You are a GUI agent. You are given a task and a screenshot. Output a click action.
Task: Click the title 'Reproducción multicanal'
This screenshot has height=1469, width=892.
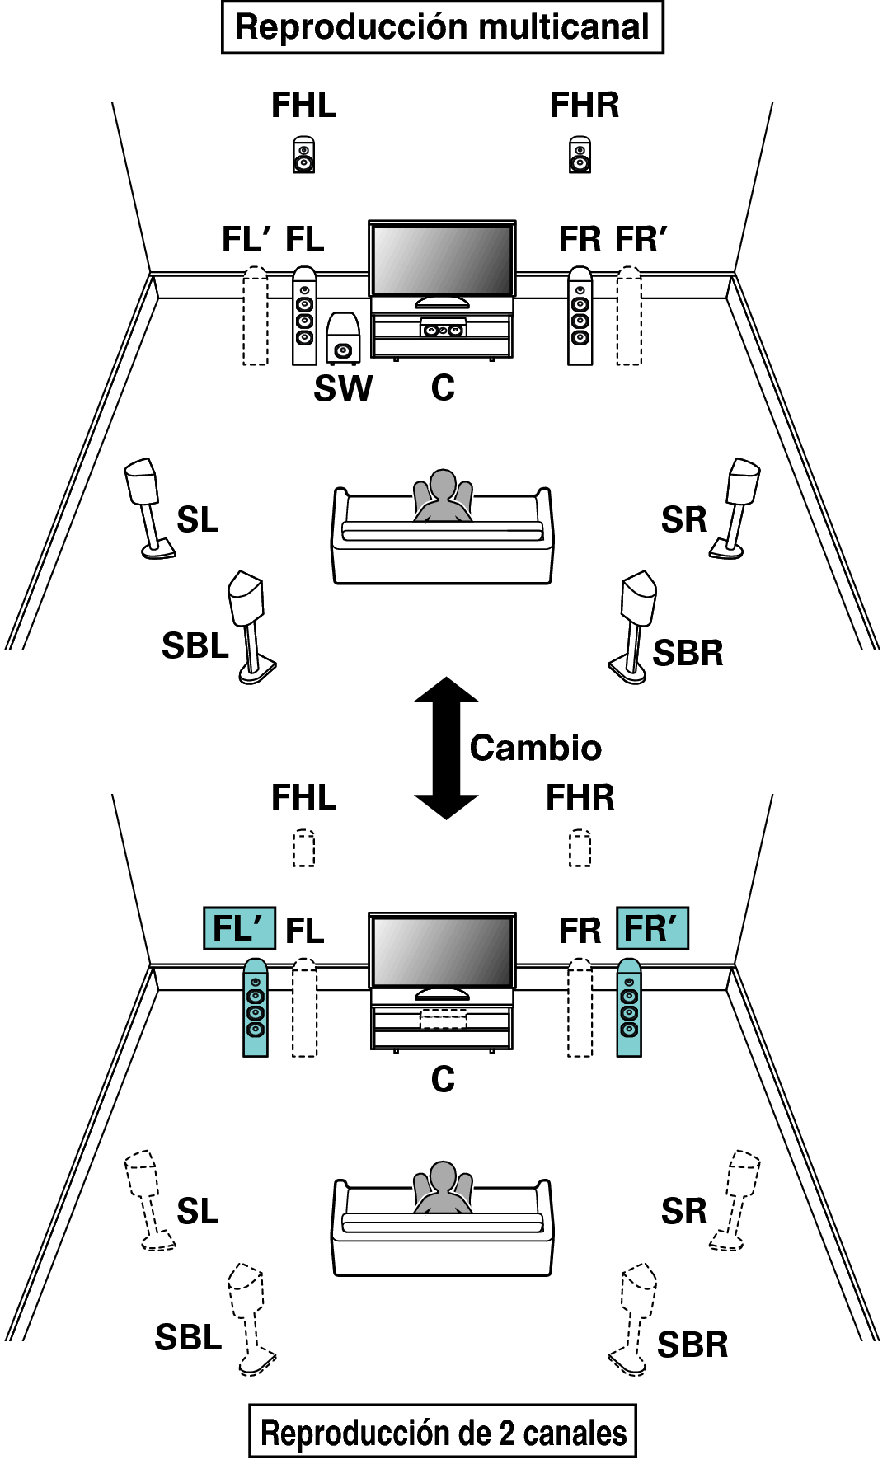point(443,27)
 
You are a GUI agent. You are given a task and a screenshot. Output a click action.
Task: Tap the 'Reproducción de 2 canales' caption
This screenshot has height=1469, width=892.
point(443,1433)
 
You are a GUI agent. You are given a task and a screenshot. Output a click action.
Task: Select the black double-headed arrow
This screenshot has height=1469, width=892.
point(446,748)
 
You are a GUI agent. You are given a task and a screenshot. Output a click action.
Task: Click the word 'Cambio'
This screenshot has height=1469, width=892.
point(536,749)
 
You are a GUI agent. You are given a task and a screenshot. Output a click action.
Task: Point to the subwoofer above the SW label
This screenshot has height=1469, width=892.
point(343,338)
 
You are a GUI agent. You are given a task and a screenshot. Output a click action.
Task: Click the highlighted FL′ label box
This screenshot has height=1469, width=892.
point(239,928)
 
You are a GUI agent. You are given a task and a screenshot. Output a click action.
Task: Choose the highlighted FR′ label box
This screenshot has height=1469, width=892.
point(652,928)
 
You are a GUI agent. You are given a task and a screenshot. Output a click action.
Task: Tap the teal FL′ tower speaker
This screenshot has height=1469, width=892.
point(256,1007)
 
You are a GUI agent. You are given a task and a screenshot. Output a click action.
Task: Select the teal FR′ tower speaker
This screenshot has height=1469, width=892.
point(629,1007)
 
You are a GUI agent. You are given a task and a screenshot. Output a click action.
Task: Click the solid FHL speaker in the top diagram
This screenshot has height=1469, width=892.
point(303,154)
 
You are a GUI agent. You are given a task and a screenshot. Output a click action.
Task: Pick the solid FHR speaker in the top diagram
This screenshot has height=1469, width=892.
point(580,154)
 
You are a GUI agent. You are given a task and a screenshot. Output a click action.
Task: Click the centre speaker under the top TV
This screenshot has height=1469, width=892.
point(443,329)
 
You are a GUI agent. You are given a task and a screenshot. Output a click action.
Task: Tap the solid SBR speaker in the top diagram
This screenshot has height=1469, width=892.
point(633,627)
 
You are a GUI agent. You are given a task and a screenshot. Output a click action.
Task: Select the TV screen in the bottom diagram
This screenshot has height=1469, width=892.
point(442,951)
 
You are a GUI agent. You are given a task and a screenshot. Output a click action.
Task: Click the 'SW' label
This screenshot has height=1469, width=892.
point(343,388)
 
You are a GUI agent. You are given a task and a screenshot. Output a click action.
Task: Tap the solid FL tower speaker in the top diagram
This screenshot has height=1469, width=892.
point(304,316)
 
